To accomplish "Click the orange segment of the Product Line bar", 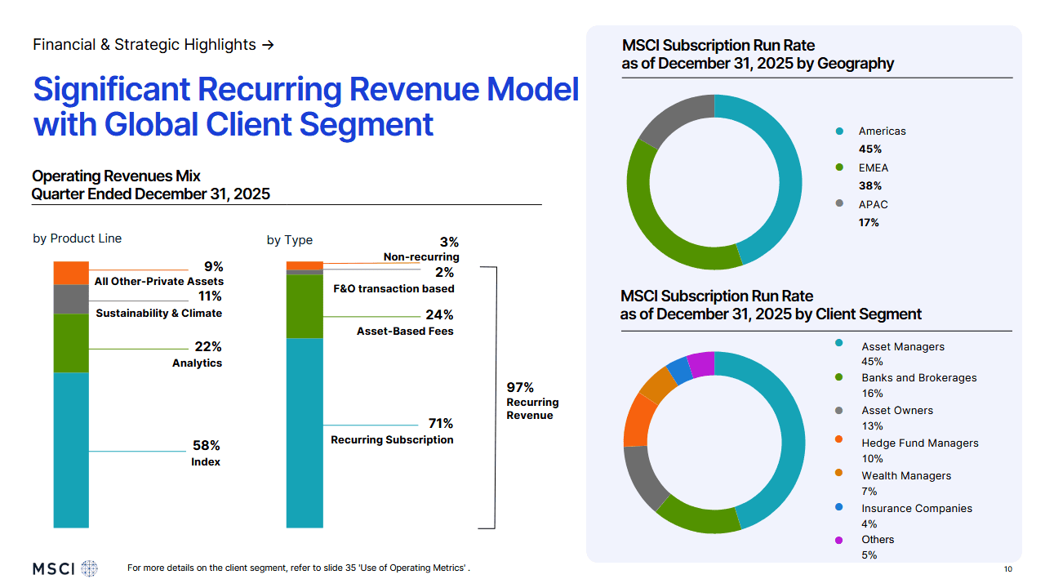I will click(71, 273).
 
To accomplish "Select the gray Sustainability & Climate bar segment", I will click(71, 299).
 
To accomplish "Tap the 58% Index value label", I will click(206, 446).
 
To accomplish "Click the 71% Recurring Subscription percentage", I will click(440, 424).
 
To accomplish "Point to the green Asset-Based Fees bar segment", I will click(305, 306).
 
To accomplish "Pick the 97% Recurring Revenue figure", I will click(520, 388).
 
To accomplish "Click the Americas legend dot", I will click(838, 131).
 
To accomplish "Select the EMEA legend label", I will click(873, 168).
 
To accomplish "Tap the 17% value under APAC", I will click(869, 222).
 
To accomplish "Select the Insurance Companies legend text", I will click(916, 508).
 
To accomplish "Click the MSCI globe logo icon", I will click(89, 568).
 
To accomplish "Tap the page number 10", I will click(1008, 569).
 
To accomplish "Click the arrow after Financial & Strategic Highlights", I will click(268, 45).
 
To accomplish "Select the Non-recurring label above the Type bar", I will click(421, 257).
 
